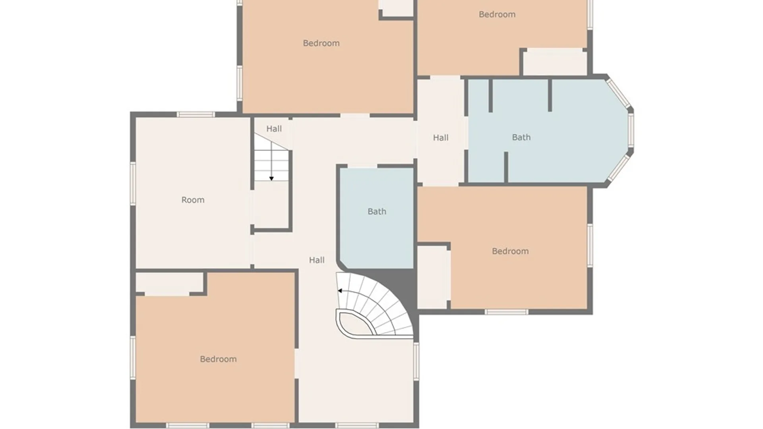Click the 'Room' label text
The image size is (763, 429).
click(x=193, y=200)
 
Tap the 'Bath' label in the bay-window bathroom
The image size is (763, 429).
click(x=521, y=137)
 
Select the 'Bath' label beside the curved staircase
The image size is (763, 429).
click(x=377, y=211)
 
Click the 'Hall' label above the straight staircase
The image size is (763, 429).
click(x=274, y=129)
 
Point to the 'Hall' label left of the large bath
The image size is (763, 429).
click(x=440, y=138)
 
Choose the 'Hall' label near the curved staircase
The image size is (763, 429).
click(x=317, y=260)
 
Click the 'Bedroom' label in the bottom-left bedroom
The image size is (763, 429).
click(x=218, y=359)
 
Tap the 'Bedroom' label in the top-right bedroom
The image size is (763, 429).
click(x=497, y=14)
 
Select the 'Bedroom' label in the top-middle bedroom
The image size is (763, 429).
click(x=321, y=43)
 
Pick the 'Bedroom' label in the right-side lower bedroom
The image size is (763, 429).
click(x=510, y=251)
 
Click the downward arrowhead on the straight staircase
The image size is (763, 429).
click(x=271, y=179)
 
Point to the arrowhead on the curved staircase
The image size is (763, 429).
click(x=340, y=291)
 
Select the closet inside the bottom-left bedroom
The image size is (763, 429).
click(x=169, y=283)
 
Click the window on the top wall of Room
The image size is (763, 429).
click(x=196, y=114)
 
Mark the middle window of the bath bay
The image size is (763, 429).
click(x=631, y=131)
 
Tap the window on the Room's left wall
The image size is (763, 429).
click(x=133, y=184)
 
